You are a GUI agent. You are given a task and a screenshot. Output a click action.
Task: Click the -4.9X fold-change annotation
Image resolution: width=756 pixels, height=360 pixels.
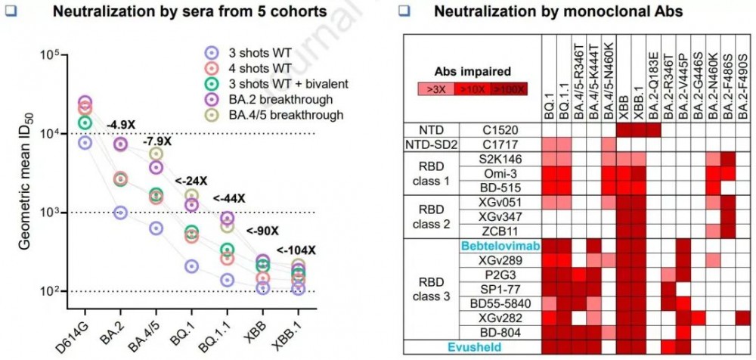121,125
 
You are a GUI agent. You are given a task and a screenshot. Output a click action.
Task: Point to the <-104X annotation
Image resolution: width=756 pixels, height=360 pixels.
296,250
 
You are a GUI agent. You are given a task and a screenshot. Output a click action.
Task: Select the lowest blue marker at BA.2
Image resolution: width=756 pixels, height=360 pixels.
120,213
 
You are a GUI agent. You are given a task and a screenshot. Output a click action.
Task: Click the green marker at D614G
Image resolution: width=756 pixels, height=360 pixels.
85,122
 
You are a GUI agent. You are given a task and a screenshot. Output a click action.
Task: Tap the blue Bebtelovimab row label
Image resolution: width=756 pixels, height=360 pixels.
500,246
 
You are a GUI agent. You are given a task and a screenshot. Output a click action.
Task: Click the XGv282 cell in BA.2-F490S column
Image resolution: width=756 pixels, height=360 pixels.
743,318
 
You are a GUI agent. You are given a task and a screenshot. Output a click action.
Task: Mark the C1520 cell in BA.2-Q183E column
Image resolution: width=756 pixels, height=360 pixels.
653,130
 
